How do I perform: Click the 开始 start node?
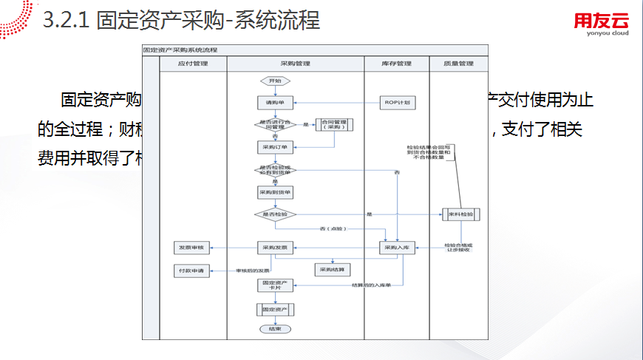point(275,80)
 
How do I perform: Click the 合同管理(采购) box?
point(333,125)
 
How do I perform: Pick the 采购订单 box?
point(275,146)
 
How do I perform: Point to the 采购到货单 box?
point(275,191)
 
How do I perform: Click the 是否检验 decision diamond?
point(275,214)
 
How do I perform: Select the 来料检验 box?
point(461,214)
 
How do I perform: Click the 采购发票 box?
point(275,247)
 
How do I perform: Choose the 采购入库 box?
point(398,247)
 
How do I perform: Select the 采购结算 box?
point(333,270)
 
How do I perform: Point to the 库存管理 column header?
point(397,64)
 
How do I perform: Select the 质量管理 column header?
point(459,64)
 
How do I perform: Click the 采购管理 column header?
point(296,64)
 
